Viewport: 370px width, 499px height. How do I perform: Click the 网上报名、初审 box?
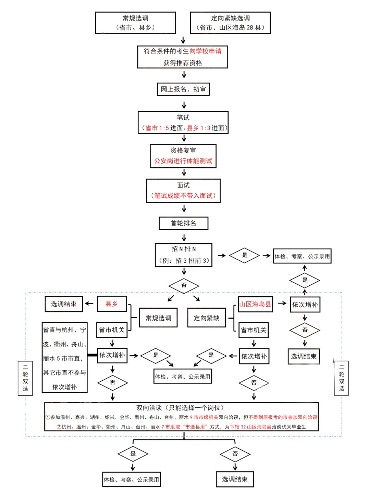183,89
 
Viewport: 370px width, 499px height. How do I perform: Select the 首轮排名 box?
183,223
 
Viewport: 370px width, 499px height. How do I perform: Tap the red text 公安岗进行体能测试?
183,161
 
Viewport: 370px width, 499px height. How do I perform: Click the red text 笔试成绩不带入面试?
183,196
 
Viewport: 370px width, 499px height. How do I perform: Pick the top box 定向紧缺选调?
230,23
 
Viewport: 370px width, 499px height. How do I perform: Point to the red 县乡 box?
112,304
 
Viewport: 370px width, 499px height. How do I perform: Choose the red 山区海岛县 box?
255,304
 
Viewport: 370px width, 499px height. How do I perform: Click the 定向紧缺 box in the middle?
206,318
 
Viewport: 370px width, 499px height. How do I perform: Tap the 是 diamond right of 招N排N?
245,255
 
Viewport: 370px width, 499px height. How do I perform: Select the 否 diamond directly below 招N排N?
184,285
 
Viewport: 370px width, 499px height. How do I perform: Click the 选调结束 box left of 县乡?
64,304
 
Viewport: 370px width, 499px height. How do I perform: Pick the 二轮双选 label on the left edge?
25,378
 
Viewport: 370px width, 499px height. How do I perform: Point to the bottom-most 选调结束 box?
235,479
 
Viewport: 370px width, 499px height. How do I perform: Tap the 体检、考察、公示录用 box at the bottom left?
132,479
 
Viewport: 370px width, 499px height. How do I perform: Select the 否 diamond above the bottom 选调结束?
235,454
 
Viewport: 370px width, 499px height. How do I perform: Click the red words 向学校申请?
205,51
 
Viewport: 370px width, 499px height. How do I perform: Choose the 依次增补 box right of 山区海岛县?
305,305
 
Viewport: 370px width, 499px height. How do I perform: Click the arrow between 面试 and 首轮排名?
184,209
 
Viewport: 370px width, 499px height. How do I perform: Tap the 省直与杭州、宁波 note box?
64,357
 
